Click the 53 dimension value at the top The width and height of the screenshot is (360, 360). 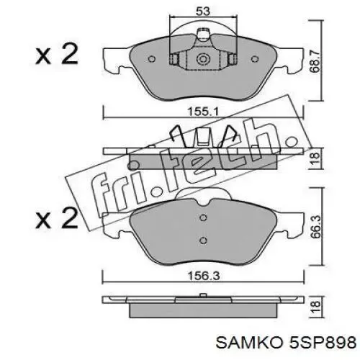203,12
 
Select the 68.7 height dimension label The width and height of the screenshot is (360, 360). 315,62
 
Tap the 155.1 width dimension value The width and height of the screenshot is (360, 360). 202,112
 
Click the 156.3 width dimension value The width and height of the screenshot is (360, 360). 204,276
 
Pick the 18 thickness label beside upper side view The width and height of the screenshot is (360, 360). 315,158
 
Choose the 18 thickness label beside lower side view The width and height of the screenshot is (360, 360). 315,307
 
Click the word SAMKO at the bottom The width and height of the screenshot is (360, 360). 249,343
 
